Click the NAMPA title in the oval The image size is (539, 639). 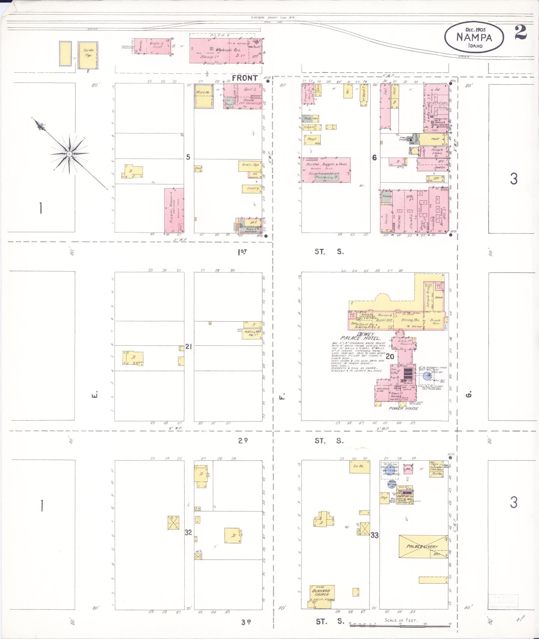pos(474,37)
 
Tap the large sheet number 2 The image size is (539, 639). pos(521,32)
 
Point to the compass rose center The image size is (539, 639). pos(69,154)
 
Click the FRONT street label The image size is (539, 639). pos(245,78)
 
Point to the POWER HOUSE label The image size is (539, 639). pos(403,408)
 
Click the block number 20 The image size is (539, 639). pos(390,356)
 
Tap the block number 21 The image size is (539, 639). pos(188,347)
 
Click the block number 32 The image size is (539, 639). pos(188,532)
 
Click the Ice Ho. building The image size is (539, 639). pos(359,466)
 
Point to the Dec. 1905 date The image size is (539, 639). pos(474,29)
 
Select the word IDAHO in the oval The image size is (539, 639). pos(475,45)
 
